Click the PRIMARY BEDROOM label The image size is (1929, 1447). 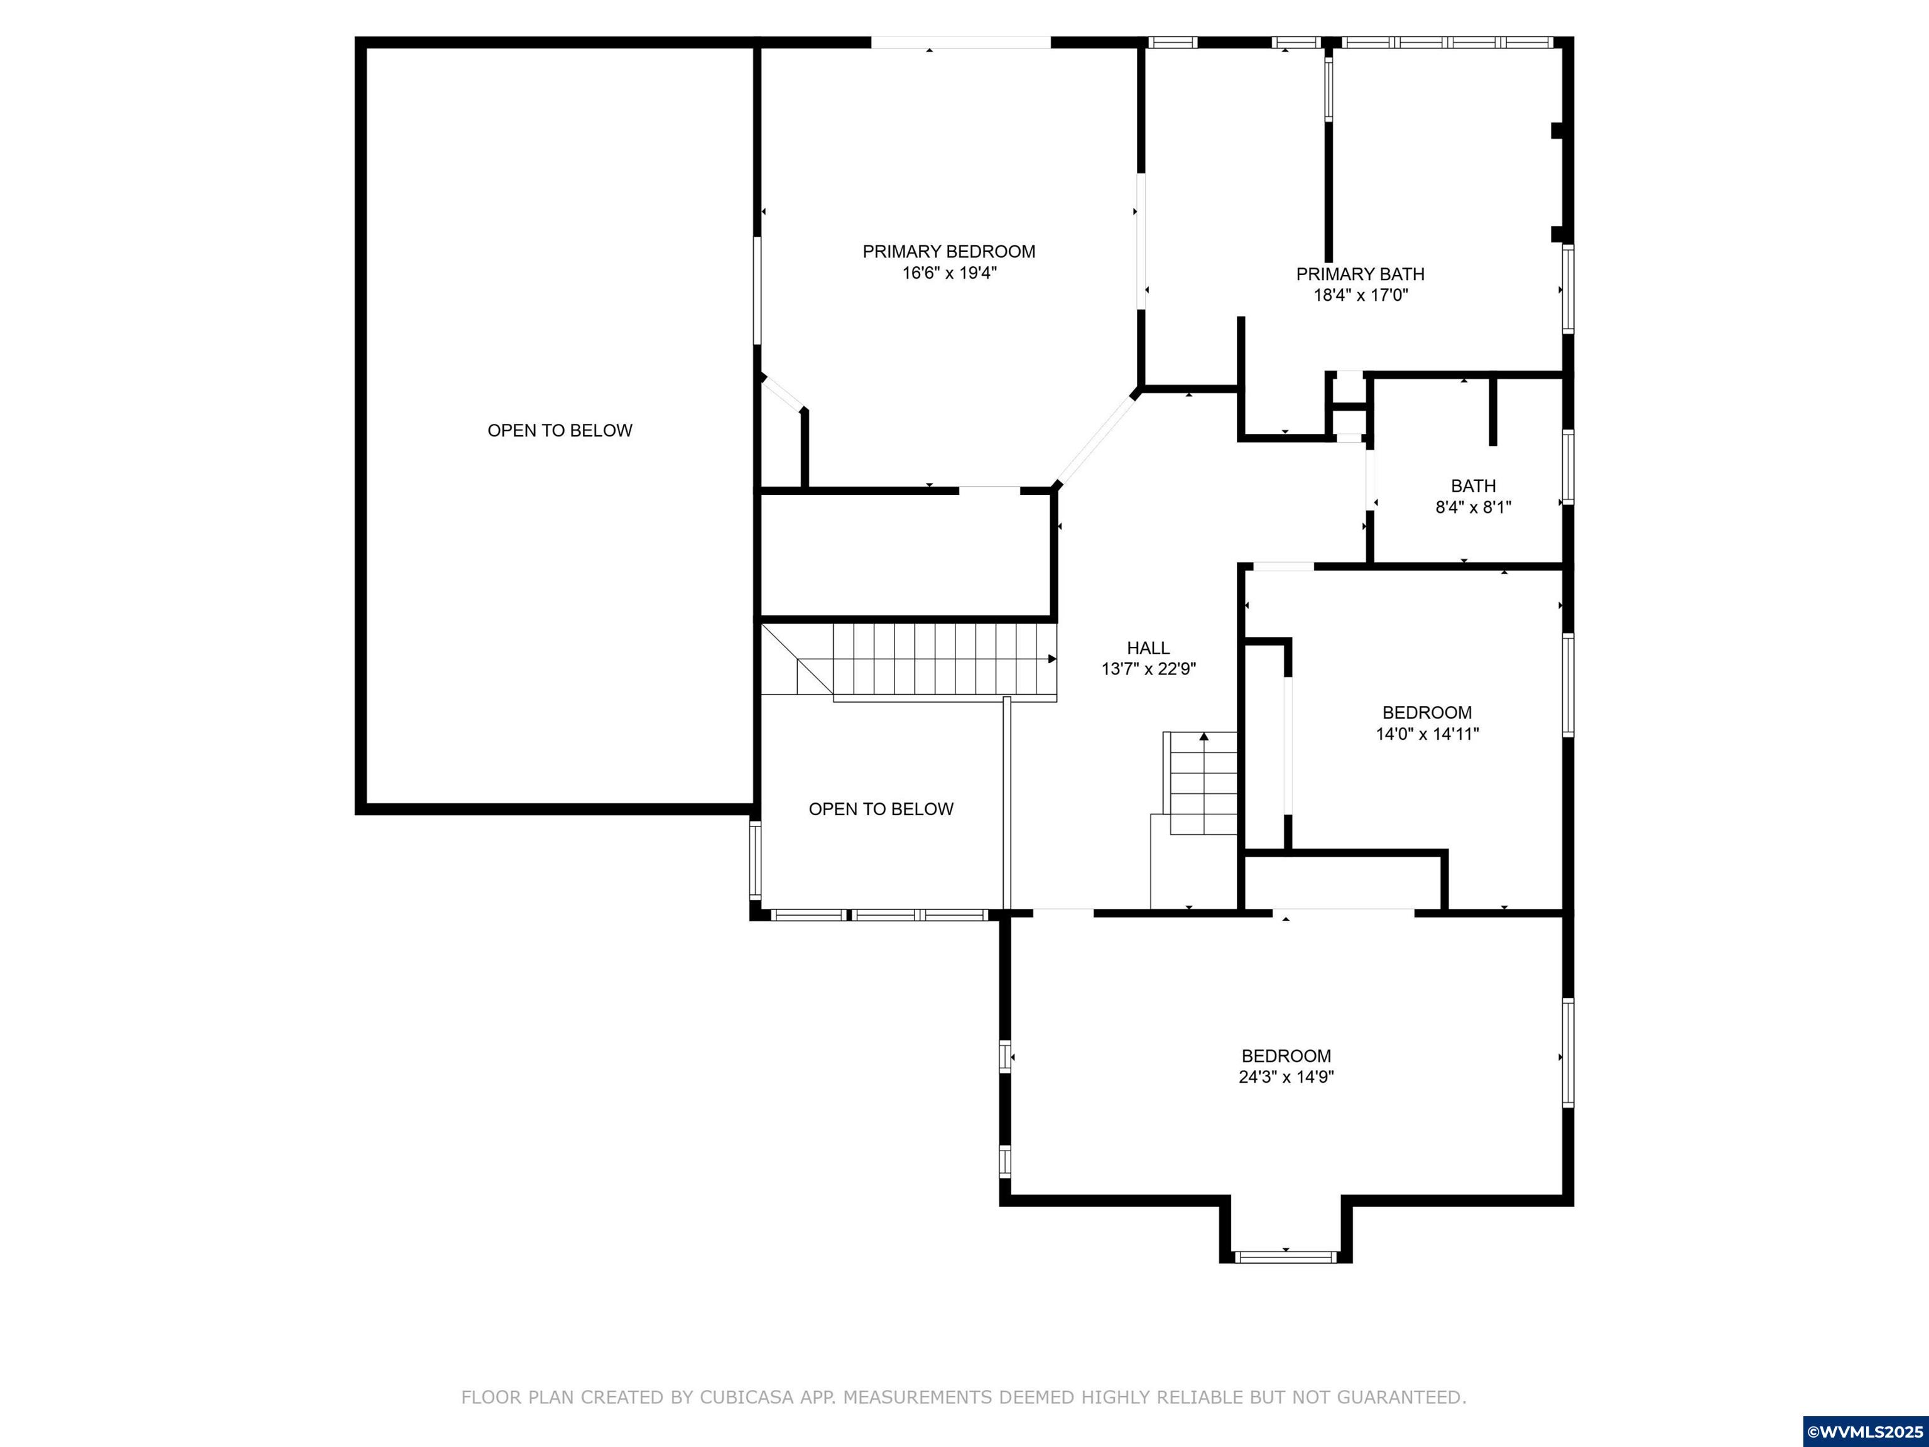(949, 251)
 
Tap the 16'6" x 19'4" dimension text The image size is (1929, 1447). (949, 273)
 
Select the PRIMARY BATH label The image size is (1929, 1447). (1359, 274)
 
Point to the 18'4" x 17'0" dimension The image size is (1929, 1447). (1359, 295)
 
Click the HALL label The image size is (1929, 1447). (1148, 648)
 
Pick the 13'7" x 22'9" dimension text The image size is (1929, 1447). (1148, 669)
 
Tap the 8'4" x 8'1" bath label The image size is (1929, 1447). (1473, 506)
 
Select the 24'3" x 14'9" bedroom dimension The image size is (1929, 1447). (1285, 1076)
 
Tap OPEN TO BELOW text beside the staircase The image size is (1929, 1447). (881, 809)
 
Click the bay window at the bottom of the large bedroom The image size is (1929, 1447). (1285, 1256)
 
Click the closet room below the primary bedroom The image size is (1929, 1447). (905, 555)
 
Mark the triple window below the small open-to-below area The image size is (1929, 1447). (879, 914)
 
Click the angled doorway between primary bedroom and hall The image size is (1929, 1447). (1095, 440)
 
